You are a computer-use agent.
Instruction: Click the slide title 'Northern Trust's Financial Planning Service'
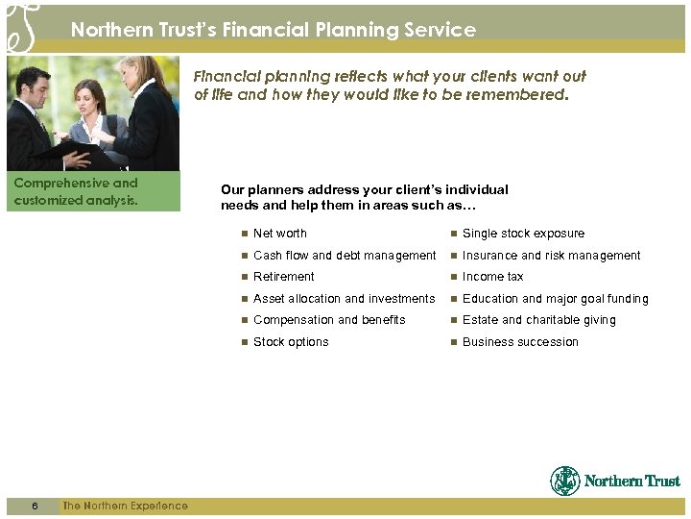click(273, 30)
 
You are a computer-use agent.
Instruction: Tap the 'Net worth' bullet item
click(279, 234)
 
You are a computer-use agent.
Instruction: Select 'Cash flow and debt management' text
click(344, 256)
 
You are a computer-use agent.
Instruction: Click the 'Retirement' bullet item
click(283, 277)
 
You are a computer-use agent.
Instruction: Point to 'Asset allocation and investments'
click(344, 299)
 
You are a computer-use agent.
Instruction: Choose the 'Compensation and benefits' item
click(329, 320)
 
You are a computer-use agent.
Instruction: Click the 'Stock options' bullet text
click(290, 342)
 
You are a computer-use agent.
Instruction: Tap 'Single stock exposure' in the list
click(523, 234)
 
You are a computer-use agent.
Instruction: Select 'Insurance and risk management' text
click(551, 256)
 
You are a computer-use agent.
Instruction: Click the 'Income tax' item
click(492, 277)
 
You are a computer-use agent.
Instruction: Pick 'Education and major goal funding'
click(555, 299)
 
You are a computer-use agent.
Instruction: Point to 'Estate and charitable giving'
click(538, 320)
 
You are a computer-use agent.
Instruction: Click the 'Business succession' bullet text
click(520, 342)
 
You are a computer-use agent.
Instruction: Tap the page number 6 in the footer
click(35, 507)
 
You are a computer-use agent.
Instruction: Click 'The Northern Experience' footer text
click(125, 507)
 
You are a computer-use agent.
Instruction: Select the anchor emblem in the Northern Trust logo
click(564, 481)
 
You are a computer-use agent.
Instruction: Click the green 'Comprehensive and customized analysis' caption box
click(93, 191)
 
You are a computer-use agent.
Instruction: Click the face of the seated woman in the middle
click(92, 97)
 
